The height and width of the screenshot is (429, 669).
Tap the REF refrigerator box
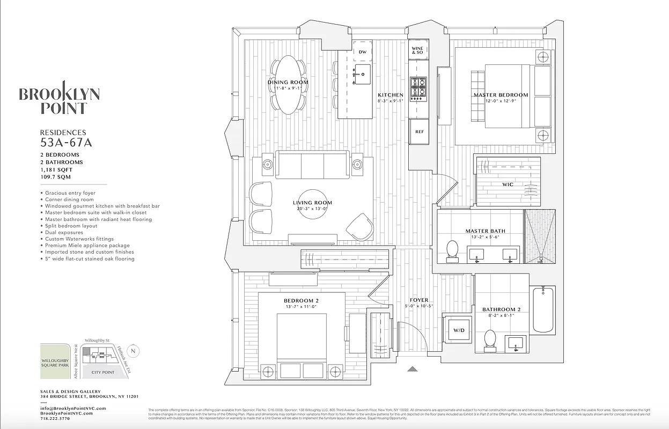[x=419, y=131]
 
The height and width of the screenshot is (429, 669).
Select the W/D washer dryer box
[x=459, y=330]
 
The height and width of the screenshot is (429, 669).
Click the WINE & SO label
[x=417, y=50]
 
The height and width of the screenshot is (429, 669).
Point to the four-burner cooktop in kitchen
[x=418, y=89]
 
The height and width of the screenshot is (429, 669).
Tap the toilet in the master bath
[x=452, y=251]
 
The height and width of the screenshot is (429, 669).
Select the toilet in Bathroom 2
[x=490, y=340]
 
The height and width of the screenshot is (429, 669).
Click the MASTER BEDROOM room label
[x=500, y=95]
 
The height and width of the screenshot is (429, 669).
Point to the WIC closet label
[x=508, y=184]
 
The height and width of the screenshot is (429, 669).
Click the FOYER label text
[x=419, y=300]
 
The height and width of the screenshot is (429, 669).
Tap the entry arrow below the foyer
[x=412, y=368]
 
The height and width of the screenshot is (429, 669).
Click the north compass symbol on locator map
[x=134, y=351]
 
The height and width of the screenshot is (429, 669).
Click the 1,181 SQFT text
[x=56, y=169]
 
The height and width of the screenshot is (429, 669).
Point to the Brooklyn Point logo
[x=59, y=98]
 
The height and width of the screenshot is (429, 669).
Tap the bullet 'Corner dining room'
[x=69, y=199]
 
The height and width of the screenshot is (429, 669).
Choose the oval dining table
[x=289, y=85]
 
